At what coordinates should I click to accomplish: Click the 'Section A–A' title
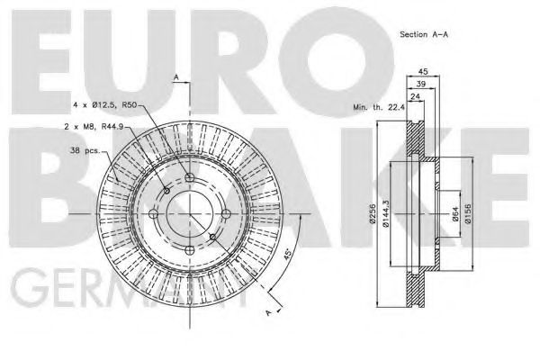click(424, 33)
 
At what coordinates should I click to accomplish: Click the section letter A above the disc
click(177, 76)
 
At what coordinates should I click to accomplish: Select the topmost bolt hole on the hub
click(189, 177)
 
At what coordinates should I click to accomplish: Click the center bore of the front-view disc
click(189, 214)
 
